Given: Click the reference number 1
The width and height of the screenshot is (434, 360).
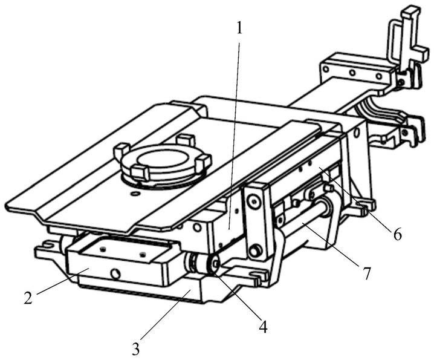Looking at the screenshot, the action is [239, 28].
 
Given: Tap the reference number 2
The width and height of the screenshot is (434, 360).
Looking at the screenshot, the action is [28, 298].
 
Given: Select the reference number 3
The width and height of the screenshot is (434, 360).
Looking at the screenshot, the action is [135, 349].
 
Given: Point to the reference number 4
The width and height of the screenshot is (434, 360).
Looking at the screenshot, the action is [263, 326].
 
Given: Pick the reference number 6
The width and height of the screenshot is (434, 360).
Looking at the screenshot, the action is [398, 235].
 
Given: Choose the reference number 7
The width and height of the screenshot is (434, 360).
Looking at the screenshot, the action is [366, 273].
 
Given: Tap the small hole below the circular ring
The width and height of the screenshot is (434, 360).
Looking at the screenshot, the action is [135, 192].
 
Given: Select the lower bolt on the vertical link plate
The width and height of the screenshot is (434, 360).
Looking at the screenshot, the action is [254, 251].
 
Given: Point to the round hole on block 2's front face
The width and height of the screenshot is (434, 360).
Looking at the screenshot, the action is [115, 274].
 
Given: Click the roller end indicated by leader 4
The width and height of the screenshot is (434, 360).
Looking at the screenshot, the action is [215, 264].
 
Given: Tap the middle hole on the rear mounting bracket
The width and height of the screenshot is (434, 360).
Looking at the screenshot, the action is [352, 73].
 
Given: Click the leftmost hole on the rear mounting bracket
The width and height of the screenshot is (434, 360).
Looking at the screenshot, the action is [326, 69].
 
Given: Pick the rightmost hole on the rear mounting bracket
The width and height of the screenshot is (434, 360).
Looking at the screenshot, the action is [378, 76].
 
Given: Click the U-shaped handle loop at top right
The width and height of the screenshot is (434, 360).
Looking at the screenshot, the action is [395, 42].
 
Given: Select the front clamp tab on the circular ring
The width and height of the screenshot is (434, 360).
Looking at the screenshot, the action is [139, 173].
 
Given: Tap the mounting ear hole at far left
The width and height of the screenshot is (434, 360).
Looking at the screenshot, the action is [49, 244].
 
